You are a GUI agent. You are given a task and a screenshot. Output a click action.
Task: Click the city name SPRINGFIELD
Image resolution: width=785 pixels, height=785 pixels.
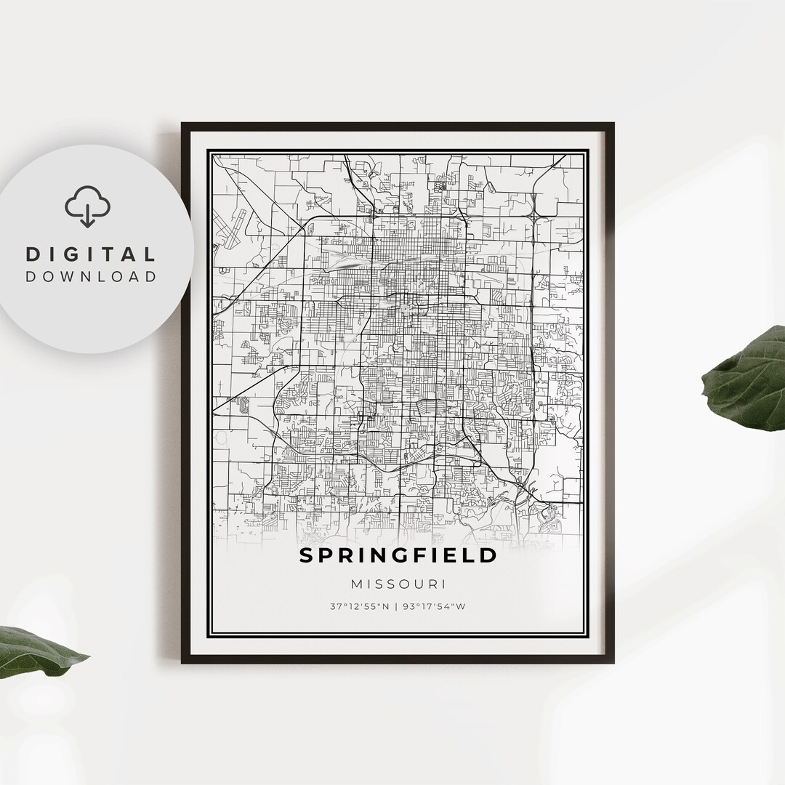[398, 555]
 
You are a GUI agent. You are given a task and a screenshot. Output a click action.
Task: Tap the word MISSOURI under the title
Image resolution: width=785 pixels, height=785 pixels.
[398, 584]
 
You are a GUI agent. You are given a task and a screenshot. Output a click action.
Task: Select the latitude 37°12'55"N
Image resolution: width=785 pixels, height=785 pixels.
[358, 606]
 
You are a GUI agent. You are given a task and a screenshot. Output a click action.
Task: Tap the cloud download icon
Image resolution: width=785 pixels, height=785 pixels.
[88, 206]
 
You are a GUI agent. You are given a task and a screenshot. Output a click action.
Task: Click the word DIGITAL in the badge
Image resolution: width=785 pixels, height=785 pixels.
[91, 254]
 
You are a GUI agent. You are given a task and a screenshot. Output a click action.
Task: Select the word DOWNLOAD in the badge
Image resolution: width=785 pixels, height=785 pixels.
[91, 276]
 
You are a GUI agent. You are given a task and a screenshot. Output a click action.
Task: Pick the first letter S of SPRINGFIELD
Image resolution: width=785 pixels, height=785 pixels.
[306, 555]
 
